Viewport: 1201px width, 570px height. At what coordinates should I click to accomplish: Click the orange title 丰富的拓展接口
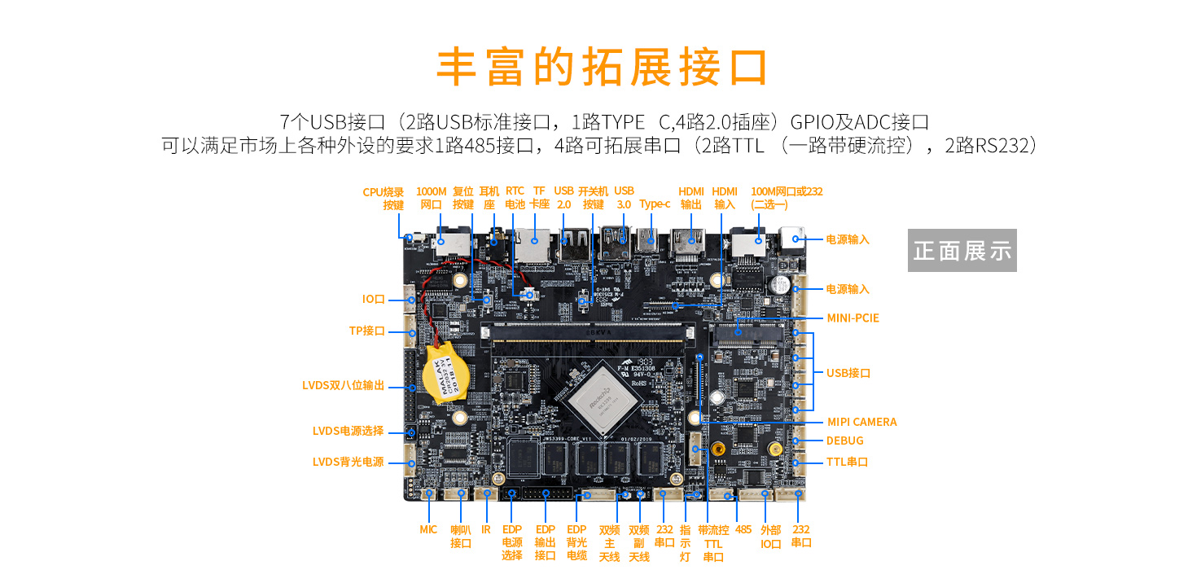[x=603, y=67]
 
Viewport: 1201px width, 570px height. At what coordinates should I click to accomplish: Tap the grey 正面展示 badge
[x=962, y=251]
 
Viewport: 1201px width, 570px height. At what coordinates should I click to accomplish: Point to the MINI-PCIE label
[x=853, y=318]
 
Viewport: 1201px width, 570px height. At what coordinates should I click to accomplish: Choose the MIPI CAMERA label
[x=861, y=422]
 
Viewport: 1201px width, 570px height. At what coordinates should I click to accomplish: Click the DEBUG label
[x=844, y=441]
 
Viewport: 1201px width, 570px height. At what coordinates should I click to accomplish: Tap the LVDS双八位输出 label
[x=343, y=385]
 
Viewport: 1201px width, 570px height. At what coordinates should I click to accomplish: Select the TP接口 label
[x=366, y=331]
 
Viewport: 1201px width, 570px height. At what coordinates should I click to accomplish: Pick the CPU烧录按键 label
[x=384, y=199]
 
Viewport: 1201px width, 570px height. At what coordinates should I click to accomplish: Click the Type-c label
[x=655, y=204]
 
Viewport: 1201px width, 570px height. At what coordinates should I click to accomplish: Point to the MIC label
[x=428, y=529]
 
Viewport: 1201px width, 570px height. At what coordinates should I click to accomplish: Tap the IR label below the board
[x=486, y=529]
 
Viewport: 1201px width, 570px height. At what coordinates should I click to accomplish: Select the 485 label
[x=743, y=529]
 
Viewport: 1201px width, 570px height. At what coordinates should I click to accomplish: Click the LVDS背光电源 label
[x=348, y=462]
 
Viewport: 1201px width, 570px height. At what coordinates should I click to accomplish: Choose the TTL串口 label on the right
[x=847, y=462]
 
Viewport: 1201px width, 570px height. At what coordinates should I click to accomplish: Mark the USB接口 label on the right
[x=848, y=373]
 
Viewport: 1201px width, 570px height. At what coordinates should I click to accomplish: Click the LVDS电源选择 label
[x=348, y=431]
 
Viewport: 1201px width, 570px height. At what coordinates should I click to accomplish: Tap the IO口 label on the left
[x=374, y=299]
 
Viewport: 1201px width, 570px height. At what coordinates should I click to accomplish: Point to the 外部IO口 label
[x=771, y=537]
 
